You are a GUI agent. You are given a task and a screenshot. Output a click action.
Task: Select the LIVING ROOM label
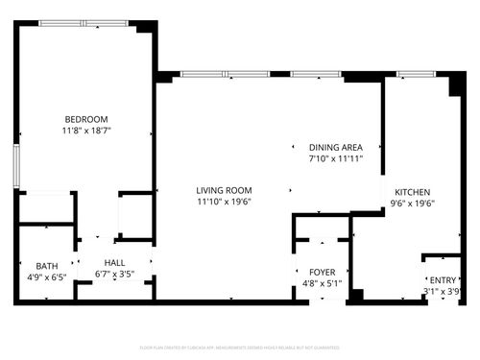(224, 190)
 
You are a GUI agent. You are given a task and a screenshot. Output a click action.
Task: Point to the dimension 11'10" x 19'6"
(224, 202)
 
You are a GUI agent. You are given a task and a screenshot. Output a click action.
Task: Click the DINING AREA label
(335, 147)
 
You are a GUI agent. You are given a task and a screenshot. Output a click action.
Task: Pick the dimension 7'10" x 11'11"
(335, 158)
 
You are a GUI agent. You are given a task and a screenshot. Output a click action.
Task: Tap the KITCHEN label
(411, 191)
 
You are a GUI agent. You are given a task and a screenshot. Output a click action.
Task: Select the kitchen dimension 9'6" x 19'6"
(411, 203)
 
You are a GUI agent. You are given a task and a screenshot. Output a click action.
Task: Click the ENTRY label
(443, 280)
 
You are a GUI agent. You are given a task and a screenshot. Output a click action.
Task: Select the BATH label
(47, 266)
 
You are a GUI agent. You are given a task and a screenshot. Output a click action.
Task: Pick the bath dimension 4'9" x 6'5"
(47, 276)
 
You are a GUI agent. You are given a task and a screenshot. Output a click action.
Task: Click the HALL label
(114, 262)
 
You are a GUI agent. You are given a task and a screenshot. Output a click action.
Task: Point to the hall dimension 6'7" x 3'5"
(114, 274)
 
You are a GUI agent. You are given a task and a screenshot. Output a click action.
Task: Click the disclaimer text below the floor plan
(240, 346)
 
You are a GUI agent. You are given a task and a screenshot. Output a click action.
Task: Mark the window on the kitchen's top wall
(415, 73)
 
